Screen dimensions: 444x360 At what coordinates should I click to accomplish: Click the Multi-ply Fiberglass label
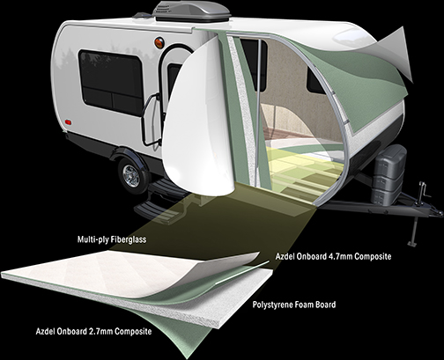pos(112,239)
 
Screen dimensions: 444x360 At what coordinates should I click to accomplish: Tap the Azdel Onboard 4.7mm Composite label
pos(333,256)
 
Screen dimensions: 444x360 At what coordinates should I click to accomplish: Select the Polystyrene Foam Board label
pos(294,305)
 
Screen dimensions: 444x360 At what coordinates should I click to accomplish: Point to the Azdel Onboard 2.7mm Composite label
pos(93,332)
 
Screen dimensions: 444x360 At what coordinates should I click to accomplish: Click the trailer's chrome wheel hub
pos(131,176)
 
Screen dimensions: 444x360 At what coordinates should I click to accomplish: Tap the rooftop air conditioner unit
pos(191,11)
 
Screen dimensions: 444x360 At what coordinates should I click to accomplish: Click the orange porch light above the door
pos(159,43)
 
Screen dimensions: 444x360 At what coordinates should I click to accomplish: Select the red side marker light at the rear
pos(68,121)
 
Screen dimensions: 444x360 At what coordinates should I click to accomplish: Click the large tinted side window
pos(110,82)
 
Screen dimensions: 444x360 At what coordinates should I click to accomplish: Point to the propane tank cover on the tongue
pos(388,174)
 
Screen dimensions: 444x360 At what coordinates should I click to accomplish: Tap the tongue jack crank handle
pos(424,190)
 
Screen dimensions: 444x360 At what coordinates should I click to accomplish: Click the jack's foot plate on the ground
pos(412,243)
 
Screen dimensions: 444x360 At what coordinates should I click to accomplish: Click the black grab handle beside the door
pos(151,120)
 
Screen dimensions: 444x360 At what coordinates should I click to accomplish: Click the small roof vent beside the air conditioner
pos(142,15)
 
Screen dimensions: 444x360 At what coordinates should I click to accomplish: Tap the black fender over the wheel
pos(129,155)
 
